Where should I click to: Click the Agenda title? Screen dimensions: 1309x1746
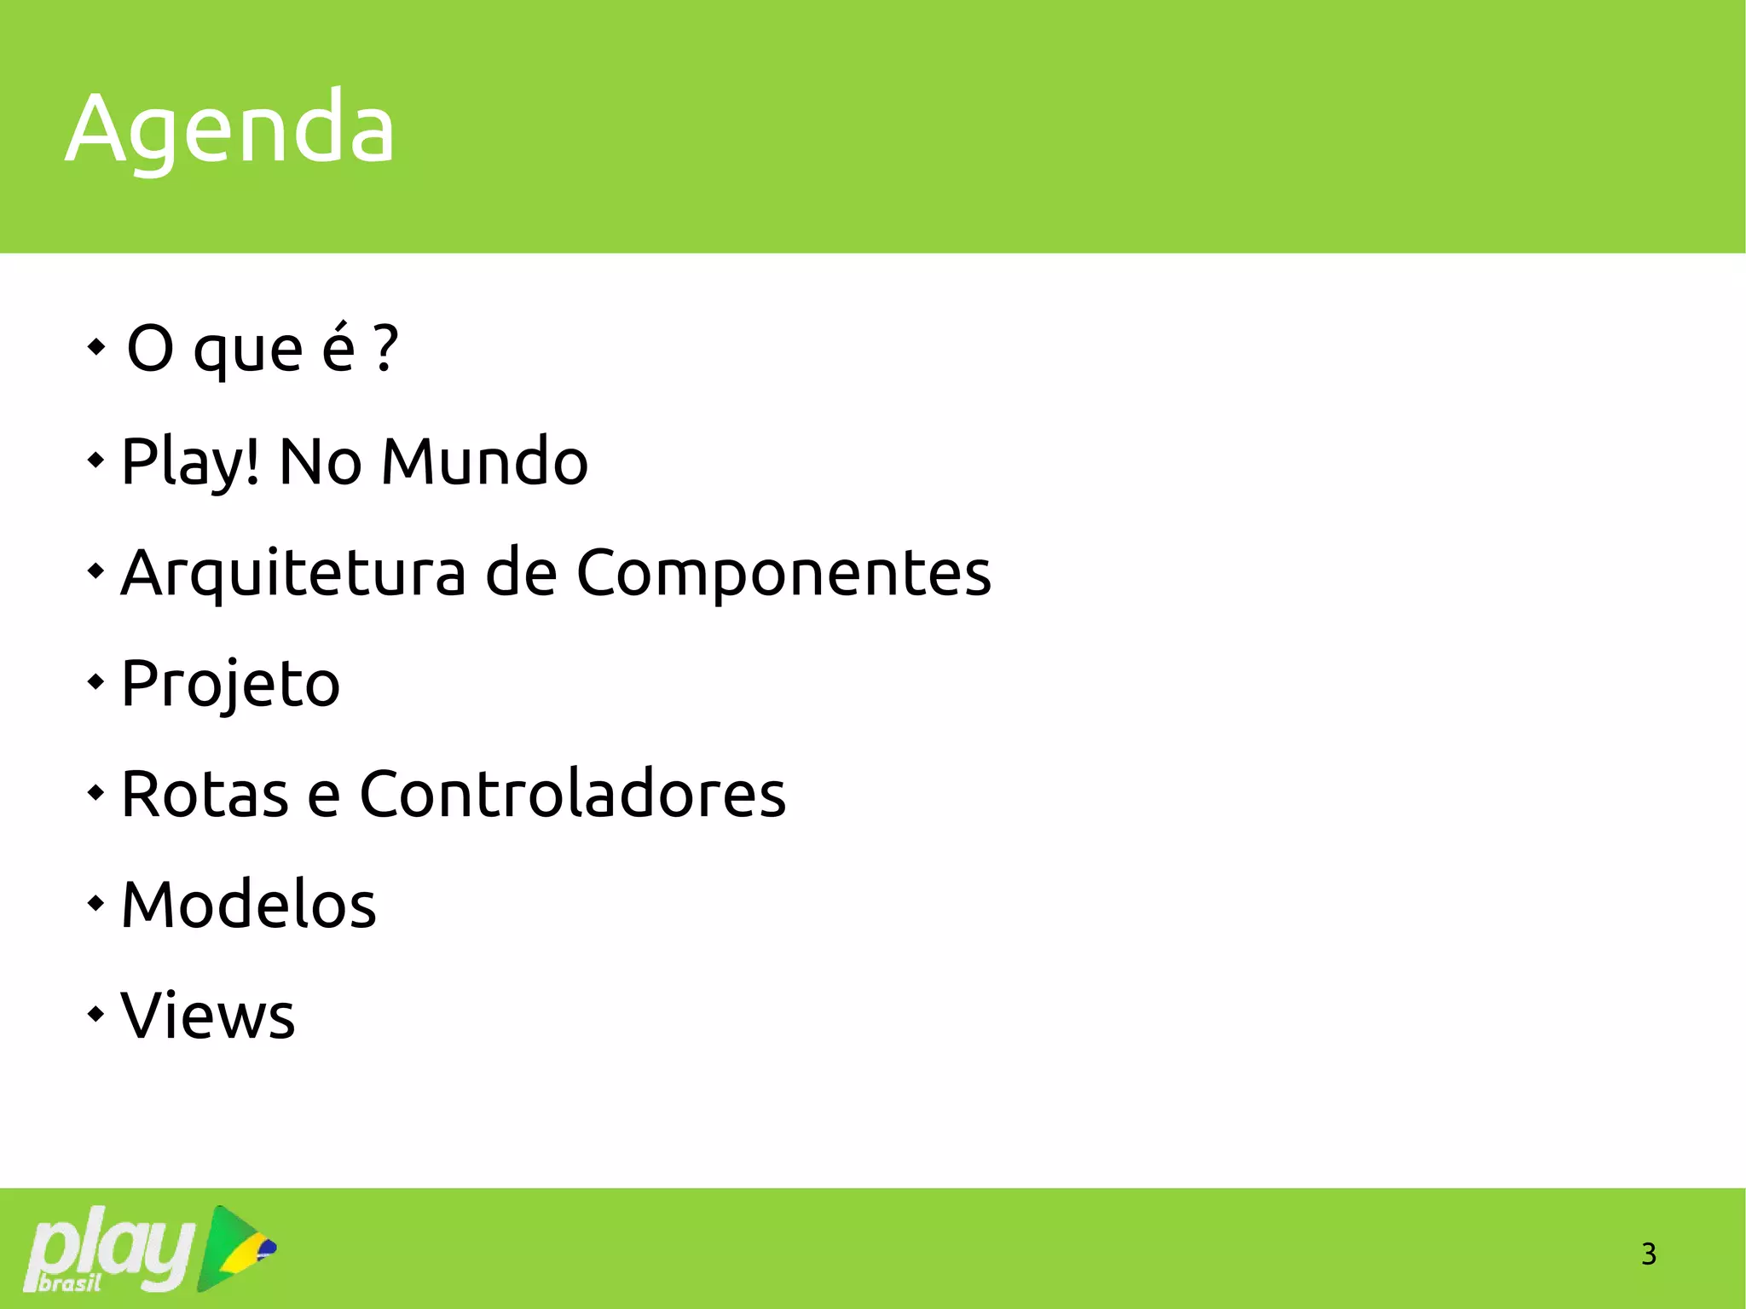(230, 128)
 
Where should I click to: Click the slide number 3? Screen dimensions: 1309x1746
(1648, 1254)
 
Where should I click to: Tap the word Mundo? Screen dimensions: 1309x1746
(484, 461)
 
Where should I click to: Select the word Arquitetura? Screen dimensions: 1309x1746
(293, 572)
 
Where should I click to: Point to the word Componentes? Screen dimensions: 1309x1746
(783, 574)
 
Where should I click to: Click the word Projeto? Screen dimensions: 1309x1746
(230, 684)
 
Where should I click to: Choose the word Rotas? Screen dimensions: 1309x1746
(205, 794)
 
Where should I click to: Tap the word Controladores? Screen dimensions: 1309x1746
(572, 794)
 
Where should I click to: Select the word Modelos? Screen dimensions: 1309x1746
(248, 904)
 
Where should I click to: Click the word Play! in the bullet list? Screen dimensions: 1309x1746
(190, 463)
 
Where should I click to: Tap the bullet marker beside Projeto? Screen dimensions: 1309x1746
(95, 681)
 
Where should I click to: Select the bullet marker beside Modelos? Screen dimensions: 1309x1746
(95, 902)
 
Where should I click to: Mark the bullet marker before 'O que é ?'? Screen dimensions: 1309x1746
(96, 346)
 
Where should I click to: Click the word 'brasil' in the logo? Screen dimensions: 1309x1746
(70, 1283)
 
